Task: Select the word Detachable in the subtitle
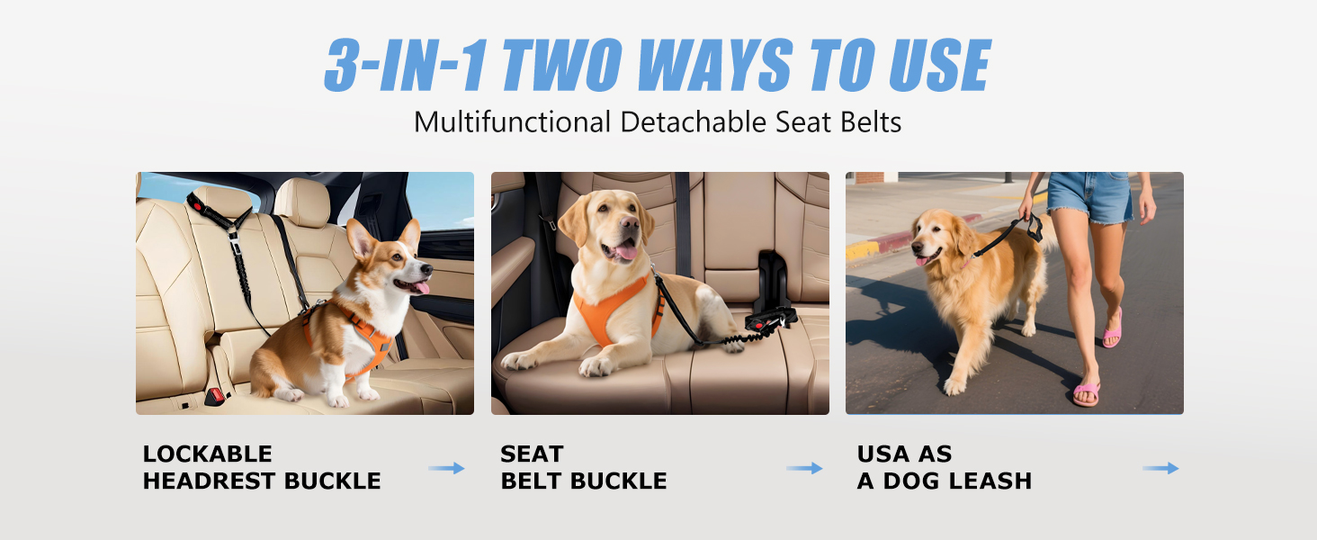673,121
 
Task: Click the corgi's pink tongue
418,287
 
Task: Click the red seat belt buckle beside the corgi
216,395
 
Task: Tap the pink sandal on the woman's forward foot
1086,393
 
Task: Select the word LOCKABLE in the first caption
207,454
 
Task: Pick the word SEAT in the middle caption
532,454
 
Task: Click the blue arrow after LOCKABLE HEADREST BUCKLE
446,468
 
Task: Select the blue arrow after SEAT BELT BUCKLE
804,468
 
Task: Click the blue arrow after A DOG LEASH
1160,468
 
